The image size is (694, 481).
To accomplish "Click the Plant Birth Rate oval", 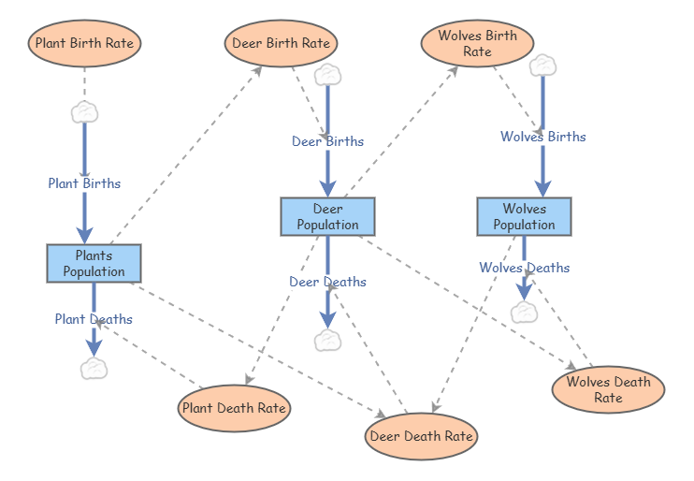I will [84, 43].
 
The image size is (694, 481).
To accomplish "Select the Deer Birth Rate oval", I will [281, 43].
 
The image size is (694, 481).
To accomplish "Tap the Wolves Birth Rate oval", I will [477, 43].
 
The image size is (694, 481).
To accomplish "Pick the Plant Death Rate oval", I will [234, 408].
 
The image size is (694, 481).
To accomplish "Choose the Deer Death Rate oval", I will [422, 436].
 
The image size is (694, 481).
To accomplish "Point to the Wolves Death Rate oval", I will [608, 389].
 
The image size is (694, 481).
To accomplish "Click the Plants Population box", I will [94, 263].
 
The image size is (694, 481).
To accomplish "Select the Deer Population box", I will [327, 216].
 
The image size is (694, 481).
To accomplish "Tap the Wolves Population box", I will [524, 216].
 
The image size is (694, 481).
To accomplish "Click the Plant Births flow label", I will [84, 183].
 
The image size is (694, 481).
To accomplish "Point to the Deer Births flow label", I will [327, 141].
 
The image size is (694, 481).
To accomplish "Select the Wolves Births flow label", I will [542, 137].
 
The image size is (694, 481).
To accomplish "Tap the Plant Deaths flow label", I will [94, 319].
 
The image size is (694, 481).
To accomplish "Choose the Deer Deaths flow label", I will [327, 282].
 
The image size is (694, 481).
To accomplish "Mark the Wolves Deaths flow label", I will [524, 268].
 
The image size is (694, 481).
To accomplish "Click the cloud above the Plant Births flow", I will [84, 112].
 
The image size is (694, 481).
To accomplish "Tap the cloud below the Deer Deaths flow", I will [327, 340].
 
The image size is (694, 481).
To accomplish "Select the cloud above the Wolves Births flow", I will [542, 65].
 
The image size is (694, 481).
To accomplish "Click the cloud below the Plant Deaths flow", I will [94, 368].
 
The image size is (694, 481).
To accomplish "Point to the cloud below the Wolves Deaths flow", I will [524, 312].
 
